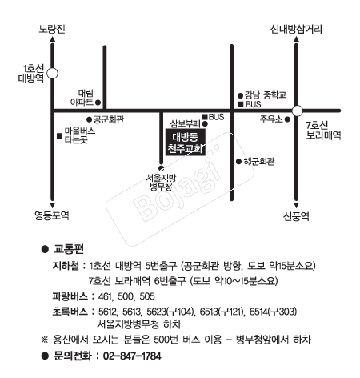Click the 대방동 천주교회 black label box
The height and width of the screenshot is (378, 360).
186,142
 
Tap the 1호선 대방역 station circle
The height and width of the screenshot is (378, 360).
52,74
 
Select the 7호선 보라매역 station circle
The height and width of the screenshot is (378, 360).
297,111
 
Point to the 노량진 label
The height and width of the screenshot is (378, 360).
52,29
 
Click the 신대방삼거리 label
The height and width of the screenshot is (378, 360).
296,29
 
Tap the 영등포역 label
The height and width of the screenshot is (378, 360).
52,215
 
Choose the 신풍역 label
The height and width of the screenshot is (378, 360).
296,216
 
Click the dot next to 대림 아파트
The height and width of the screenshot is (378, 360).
98,103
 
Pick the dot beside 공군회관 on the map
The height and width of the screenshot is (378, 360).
90,119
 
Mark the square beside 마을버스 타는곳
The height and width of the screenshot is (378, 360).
60,136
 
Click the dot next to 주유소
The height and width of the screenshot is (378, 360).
287,119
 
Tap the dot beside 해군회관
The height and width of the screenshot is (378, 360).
238,162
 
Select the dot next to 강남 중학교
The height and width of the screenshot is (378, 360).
240,95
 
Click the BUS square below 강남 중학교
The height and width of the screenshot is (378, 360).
240,104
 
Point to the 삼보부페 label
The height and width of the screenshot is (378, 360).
185,123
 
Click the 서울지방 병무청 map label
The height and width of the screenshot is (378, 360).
162,182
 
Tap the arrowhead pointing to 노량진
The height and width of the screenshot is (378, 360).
53,39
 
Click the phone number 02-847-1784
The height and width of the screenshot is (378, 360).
132,356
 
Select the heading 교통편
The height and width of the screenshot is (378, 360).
69,249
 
